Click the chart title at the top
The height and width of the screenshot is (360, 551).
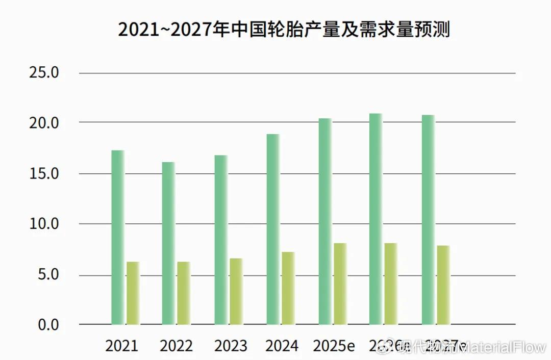point(284,30)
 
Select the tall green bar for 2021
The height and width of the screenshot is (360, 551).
point(118,237)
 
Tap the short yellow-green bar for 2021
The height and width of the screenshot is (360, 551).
point(133,293)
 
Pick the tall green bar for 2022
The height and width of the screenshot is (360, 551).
point(168,243)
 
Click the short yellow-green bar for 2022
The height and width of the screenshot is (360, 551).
point(184,293)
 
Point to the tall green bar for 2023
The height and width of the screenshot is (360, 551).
point(221,240)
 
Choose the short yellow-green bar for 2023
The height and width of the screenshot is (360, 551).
point(236,291)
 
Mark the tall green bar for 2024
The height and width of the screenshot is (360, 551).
point(273,229)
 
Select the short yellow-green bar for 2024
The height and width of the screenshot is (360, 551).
point(288,288)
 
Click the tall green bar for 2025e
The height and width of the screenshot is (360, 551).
point(325,221)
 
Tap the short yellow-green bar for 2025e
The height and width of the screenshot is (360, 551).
point(340,284)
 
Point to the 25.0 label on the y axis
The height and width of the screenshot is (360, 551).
point(44,73)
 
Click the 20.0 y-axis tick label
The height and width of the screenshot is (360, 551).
point(44,123)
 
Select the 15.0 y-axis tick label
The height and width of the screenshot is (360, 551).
point(44,173)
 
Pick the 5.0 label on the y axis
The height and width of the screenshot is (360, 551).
point(48,275)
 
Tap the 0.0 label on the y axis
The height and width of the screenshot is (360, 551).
point(48,324)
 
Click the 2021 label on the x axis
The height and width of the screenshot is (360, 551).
point(121,346)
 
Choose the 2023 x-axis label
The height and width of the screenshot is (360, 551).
point(231,346)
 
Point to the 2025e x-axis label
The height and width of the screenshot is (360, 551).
point(334,346)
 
